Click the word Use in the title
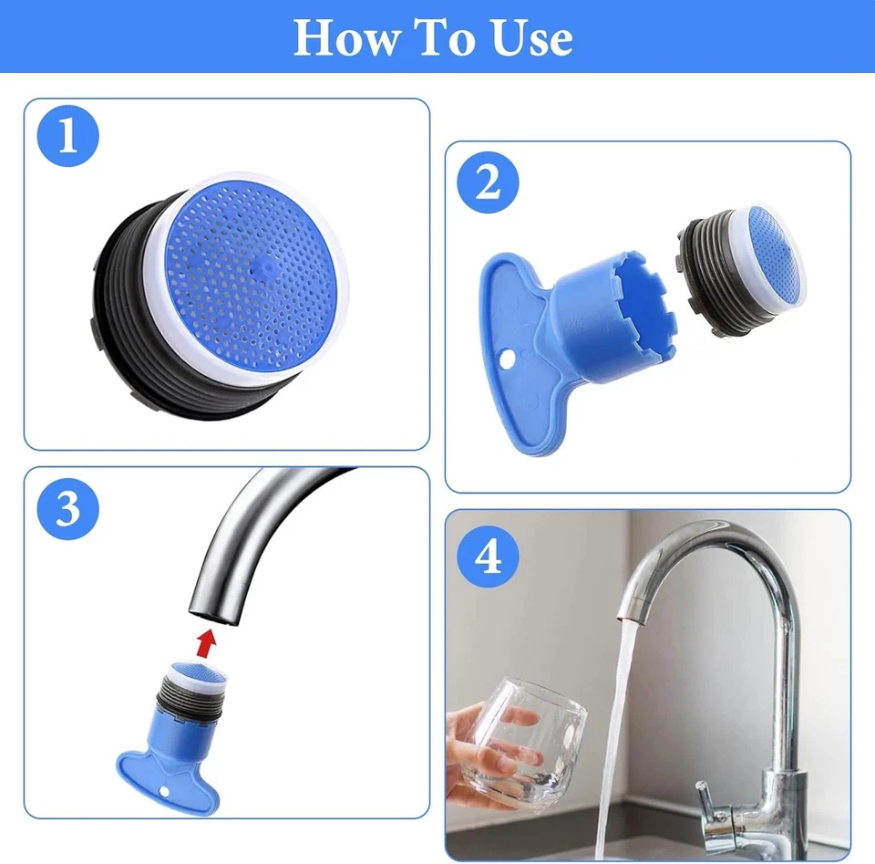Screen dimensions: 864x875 [x=532, y=37]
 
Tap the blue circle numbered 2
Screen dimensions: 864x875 [x=489, y=183]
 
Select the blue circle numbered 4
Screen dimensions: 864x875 [x=489, y=556]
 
